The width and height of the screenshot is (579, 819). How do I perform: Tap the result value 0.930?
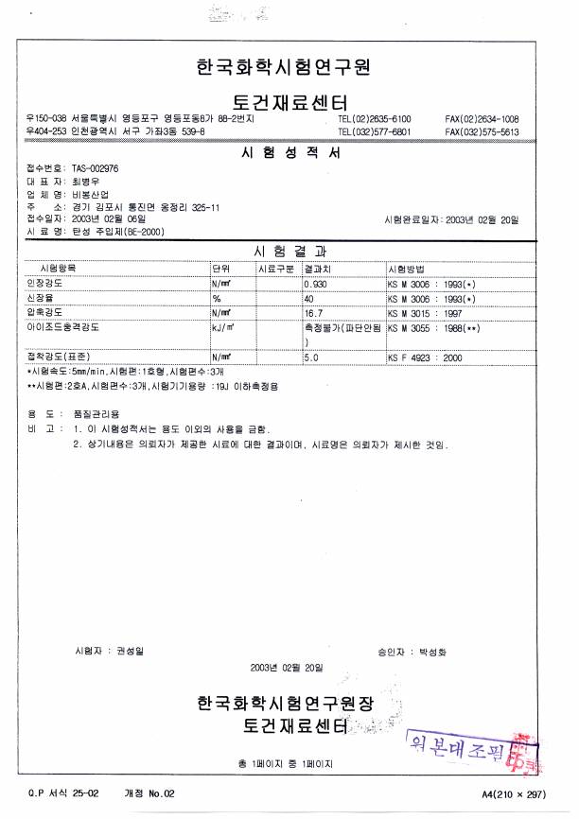315,284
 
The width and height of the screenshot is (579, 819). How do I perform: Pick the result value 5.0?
310,358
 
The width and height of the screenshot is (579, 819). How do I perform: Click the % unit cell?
217,297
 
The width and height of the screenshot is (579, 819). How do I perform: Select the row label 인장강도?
45,284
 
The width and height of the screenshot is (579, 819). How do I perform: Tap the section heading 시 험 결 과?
289,253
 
